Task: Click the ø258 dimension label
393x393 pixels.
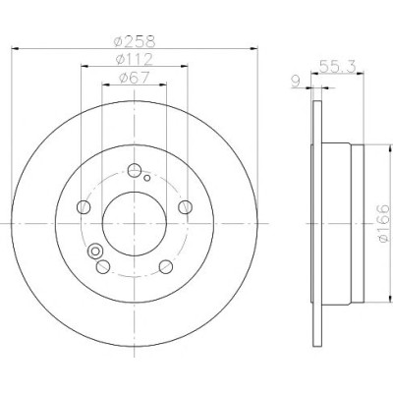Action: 135,41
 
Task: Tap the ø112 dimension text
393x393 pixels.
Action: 135,59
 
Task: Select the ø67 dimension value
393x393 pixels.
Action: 135,78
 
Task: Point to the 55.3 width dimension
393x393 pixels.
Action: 337,67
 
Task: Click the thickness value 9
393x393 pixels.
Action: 296,82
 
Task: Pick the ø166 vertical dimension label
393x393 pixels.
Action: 383,224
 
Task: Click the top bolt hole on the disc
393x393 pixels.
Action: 135,170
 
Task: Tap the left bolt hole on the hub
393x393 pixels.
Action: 84,207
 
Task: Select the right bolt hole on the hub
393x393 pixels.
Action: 186,207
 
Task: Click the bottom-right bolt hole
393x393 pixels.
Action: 166,266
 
